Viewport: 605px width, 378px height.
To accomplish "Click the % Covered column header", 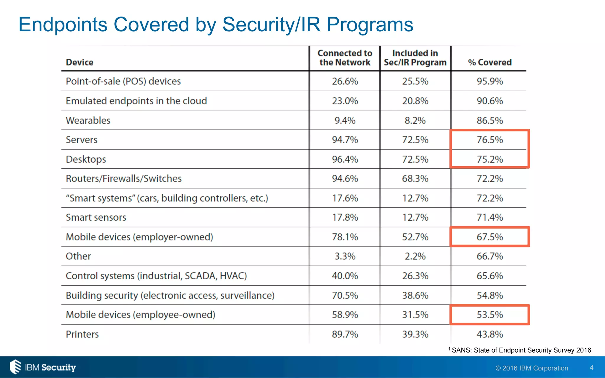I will click(490, 62).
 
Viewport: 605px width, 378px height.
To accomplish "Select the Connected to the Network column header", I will click(345, 58).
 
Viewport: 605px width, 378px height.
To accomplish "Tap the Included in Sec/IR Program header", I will click(415, 58).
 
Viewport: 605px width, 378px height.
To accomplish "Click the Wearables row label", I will click(88, 120).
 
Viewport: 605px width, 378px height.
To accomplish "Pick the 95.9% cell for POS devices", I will click(490, 81).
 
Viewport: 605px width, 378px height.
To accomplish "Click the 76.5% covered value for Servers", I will click(490, 140).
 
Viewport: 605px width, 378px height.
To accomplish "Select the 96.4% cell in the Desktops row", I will click(345, 159).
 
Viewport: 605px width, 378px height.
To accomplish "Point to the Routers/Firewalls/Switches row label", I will click(123, 179).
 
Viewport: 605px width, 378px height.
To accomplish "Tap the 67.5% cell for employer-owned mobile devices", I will click(490, 237).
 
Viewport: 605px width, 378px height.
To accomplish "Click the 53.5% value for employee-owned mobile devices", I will click(490, 315).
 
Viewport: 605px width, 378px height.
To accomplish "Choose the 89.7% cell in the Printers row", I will click(345, 334).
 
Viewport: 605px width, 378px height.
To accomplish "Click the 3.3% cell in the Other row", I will click(345, 256).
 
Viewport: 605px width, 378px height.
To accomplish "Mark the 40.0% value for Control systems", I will click(345, 276).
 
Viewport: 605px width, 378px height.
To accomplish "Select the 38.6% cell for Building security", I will click(415, 295).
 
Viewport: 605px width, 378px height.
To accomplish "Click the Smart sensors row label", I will click(96, 218).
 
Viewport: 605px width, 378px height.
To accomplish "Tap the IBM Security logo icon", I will click(15, 367).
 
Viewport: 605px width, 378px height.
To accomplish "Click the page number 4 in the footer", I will click(591, 368).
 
